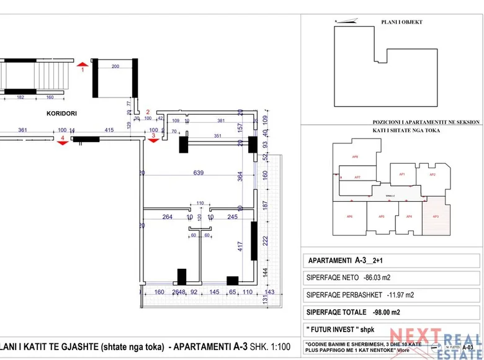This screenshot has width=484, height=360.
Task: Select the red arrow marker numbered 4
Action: coord(62,143)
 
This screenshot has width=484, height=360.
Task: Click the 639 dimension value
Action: coord(199,173)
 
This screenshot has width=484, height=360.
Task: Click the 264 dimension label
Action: coord(167,217)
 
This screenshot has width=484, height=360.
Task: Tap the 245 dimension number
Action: coord(232,217)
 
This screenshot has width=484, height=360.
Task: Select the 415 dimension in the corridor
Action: coord(109,130)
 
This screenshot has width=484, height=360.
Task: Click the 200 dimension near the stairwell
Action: coord(115,66)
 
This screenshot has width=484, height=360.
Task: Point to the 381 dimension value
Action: coord(221,120)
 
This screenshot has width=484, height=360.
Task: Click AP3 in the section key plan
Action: coord(436,216)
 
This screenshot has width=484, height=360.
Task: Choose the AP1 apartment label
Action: coord(402,174)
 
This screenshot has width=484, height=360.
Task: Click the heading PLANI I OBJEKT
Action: coord(401,22)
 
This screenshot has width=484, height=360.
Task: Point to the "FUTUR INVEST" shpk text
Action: coord(334,328)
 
